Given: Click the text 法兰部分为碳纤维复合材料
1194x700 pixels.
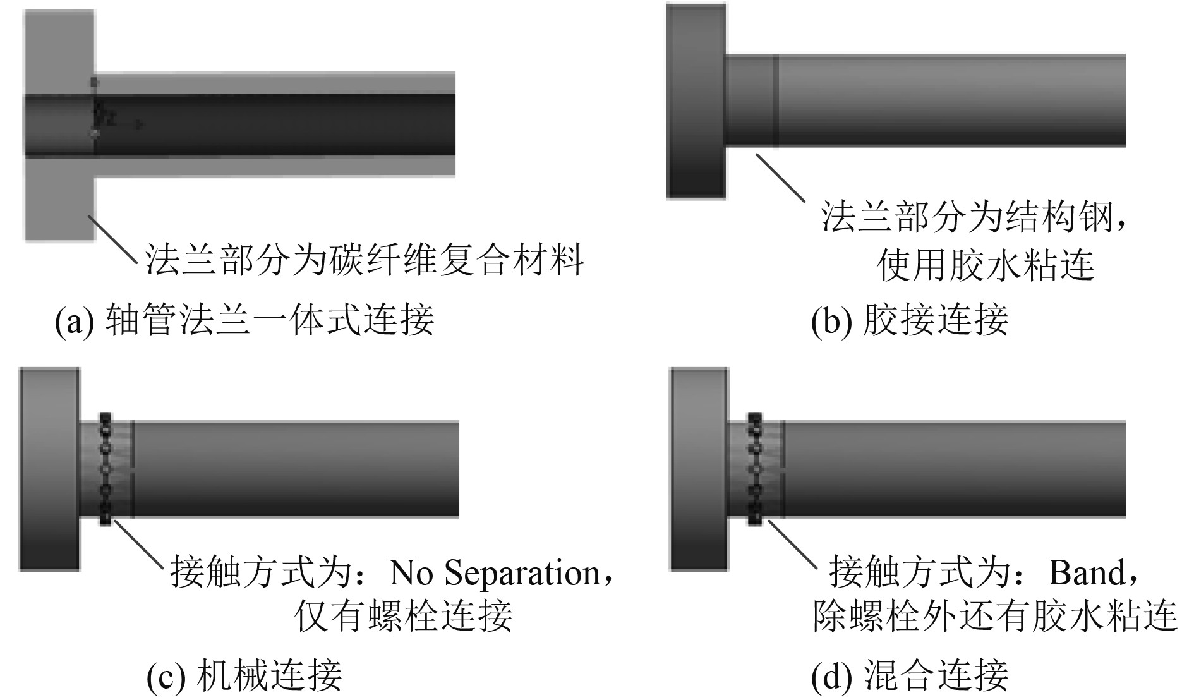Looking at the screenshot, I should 365,259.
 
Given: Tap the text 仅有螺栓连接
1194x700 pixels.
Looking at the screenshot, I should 403,614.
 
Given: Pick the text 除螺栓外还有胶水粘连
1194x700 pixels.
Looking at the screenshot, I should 994,614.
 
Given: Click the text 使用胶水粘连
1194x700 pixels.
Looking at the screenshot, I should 985,264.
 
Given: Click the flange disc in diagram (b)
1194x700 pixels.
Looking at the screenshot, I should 696,101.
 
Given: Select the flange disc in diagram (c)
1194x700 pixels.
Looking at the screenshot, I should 50,469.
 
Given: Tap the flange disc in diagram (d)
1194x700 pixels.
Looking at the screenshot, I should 699,469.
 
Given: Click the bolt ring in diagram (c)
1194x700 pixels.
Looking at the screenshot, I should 106,469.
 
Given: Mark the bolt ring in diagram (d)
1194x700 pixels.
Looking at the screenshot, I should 754,469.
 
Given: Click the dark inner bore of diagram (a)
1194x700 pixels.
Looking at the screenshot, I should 272,124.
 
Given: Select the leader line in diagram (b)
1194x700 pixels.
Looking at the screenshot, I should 780,177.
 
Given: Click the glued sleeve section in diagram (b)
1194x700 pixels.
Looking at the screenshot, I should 751,101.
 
